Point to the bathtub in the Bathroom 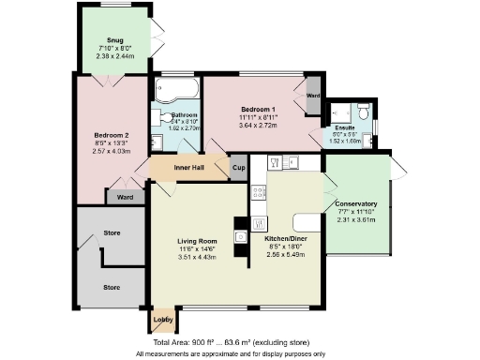pos(177,93)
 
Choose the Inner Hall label pos(188,168)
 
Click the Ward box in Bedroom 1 pos(312,96)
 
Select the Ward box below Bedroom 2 pos(124,197)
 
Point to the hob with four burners pos(259,191)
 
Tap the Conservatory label pos(357,203)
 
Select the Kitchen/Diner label pos(284,240)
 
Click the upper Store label pos(112,232)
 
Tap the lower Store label pos(112,287)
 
